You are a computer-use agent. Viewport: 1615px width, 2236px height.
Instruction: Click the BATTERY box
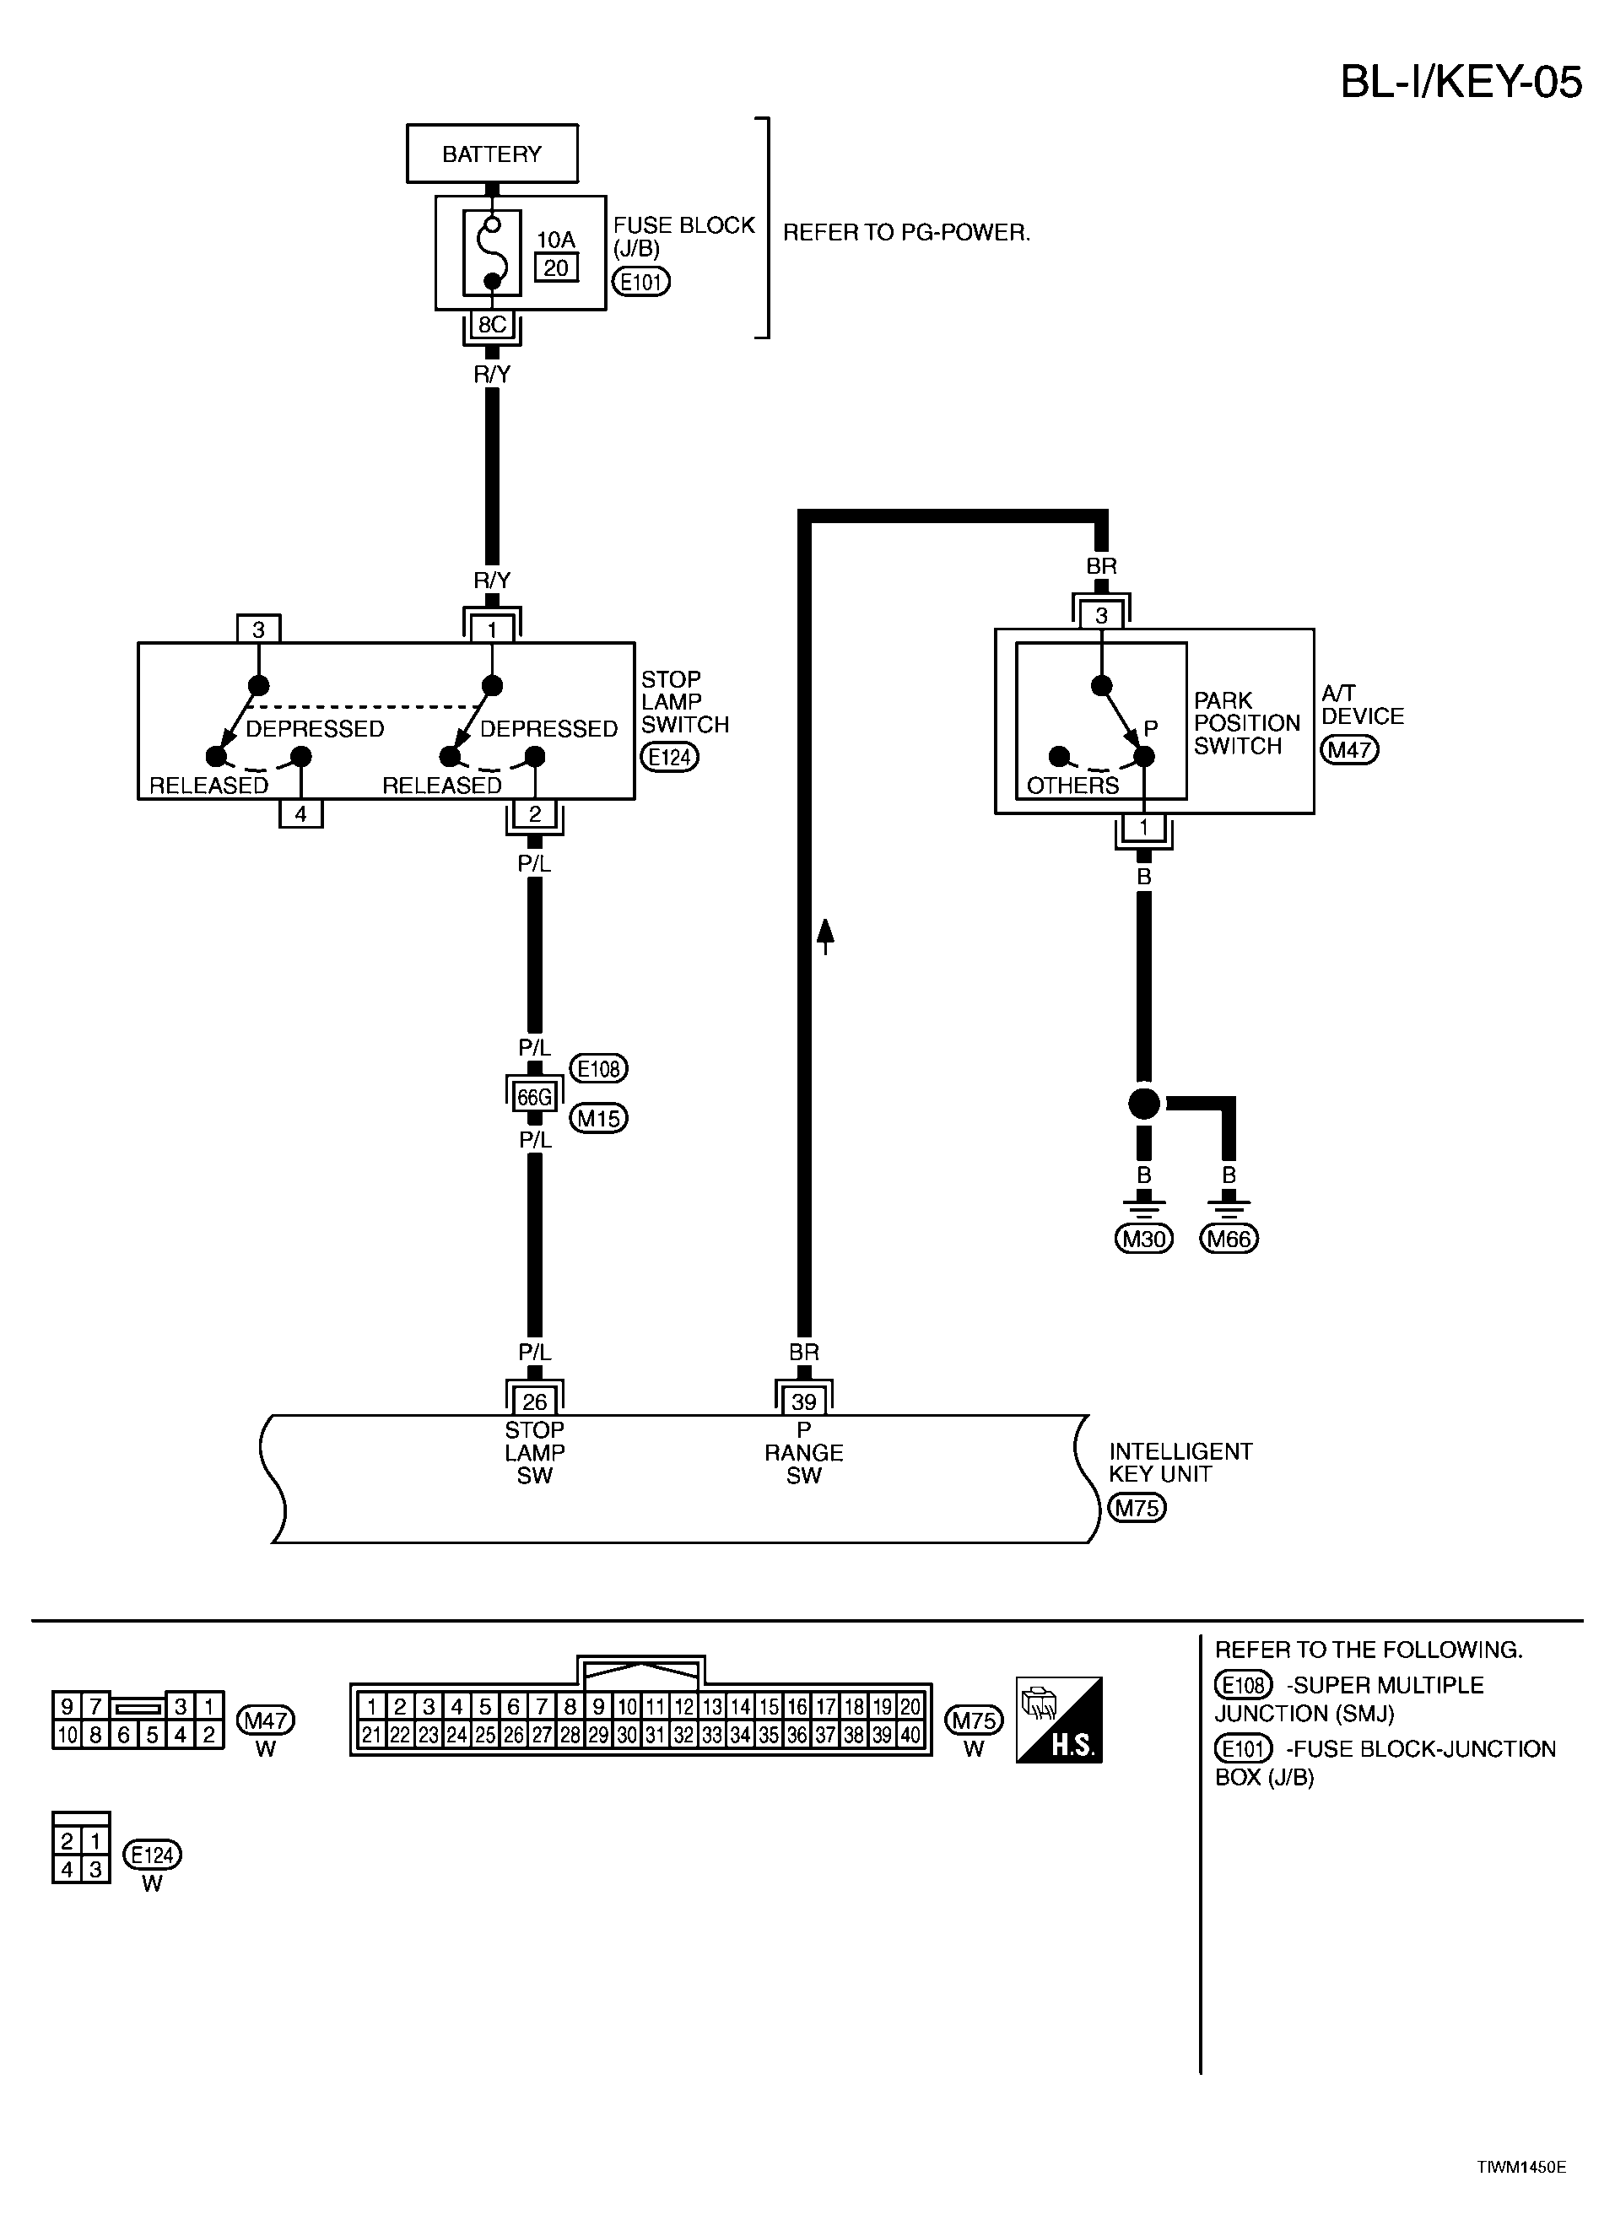tap(492, 154)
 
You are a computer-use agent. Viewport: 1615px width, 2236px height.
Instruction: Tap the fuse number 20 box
tap(556, 267)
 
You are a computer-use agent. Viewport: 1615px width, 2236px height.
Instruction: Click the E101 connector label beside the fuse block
tap(641, 282)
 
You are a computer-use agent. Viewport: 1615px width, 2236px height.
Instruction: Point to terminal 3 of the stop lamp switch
tap(258, 629)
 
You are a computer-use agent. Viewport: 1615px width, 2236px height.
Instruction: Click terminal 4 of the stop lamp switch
tap(300, 813)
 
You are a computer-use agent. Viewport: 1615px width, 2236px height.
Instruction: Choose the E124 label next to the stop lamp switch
tap(669, 757)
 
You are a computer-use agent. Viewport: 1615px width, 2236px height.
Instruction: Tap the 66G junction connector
tap(534, 1096)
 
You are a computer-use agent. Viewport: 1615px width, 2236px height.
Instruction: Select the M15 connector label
tap(598, 1118)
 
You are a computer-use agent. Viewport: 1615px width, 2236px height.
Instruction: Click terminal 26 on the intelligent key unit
tap(534, 1401)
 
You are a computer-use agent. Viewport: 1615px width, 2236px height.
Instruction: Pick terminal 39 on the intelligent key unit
tap(803, 1401)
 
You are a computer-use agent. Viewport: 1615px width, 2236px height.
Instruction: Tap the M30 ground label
tap(1143, 1239)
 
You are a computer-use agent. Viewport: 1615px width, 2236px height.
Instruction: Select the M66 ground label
tap(1229, 1239)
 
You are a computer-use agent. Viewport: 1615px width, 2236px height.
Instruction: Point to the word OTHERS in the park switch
tap(1072, 785)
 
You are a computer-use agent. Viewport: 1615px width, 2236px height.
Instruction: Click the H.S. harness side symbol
tap(1059, 1720)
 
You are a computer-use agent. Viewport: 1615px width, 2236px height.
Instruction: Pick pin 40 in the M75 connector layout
tap(910, 1735)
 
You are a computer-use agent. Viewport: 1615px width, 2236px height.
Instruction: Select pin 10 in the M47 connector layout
tap(67, 1734)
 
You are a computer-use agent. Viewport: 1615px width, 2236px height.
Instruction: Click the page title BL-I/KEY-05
tap(1461, 82)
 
